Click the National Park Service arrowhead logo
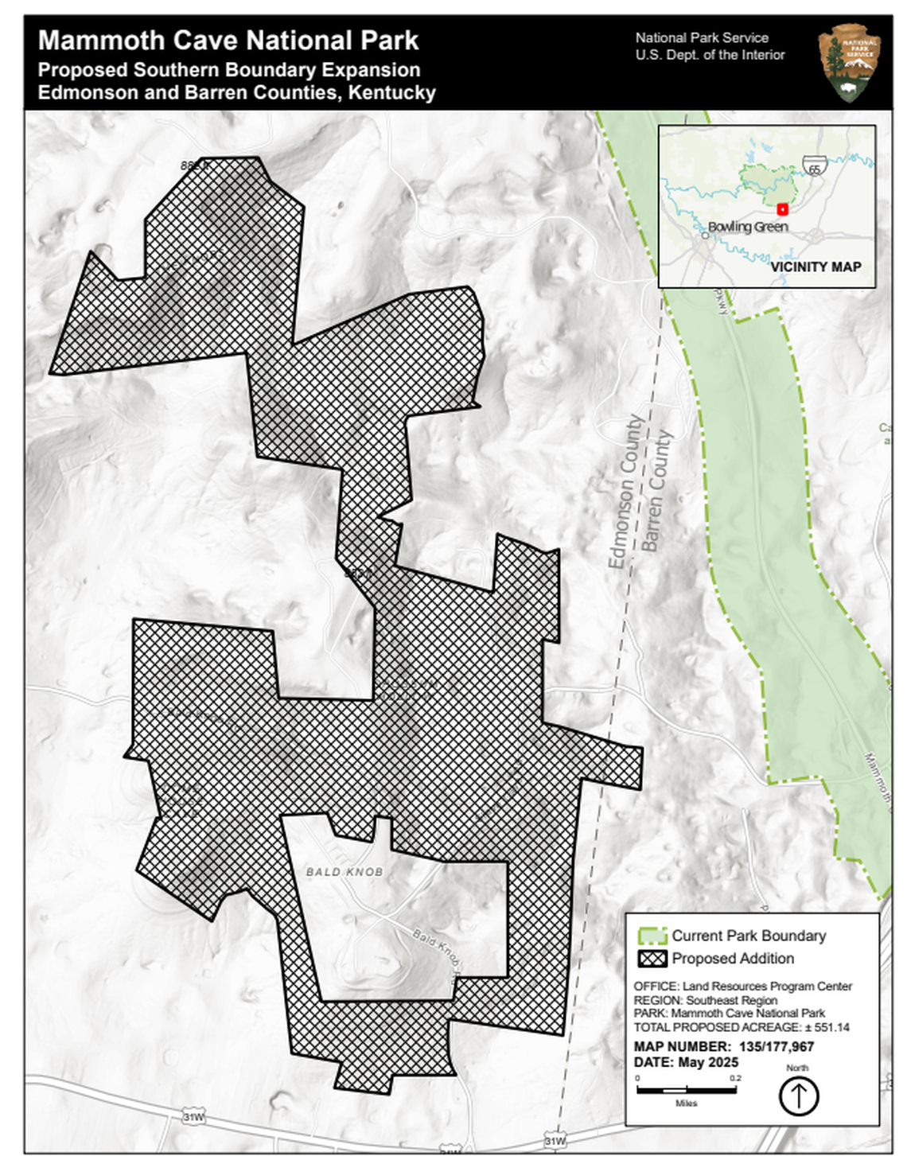point(849,62)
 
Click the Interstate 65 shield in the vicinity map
point(814,167)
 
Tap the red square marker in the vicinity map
point(782,209)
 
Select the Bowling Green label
point(748,227)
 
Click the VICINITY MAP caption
point(815,267)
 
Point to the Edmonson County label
point(625,491)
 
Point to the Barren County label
point(657,491)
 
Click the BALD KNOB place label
point(345,872)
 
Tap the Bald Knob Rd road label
point(436,948)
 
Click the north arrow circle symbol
point(798,1097)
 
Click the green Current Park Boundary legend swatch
point(652,936)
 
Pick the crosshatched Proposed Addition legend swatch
point(652,959)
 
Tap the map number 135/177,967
point(776,1046)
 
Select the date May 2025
point(708,1062)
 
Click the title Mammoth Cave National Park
point(228,40)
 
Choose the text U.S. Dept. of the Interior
point(710,55)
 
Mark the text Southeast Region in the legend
point(731,1000)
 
